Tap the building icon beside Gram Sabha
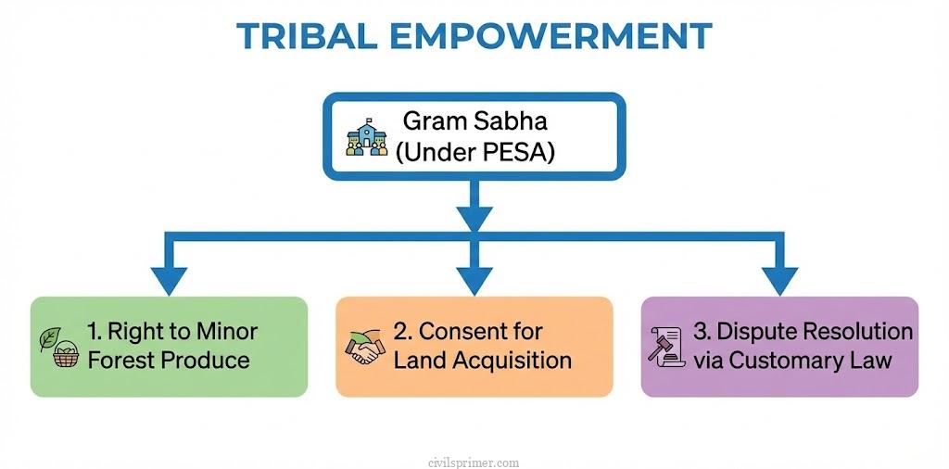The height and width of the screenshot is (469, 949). tap(368, 135)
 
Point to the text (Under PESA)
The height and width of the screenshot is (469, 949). tap(474, 152)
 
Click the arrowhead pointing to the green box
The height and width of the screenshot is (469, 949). tap(168, 278)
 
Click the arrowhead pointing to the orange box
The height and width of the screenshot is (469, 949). tap(474, 278)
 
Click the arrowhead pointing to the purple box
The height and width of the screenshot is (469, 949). tap(779, 278)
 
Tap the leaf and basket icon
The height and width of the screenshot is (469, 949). tap(58, 347)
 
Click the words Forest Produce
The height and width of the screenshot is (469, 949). tap(168, 360)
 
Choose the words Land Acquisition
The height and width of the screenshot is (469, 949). tap(482, 360)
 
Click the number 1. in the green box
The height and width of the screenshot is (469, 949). tap(95, 332)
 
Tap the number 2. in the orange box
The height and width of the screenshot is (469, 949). tap(403, 332)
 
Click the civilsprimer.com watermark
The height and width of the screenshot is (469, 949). tap(474, 462)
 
